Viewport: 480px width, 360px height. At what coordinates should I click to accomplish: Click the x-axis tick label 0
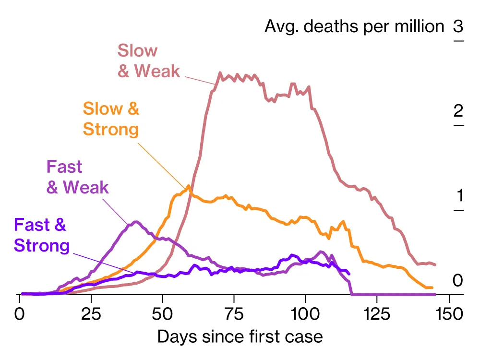click(x=20, y=314)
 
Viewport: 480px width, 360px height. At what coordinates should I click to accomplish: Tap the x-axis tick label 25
click(x=91, y=314)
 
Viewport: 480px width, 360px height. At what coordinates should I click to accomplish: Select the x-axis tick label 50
click(x=163, y=314)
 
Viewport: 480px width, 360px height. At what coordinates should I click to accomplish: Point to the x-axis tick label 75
click(x=234, y=314)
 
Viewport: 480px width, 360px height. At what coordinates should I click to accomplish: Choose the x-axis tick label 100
click(x=305, y=314)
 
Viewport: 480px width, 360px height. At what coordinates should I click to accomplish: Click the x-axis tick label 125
click(x=377, y=314)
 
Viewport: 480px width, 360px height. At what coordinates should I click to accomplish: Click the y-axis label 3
click(x=458, y=26)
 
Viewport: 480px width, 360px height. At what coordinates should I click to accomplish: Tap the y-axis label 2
click(x=458, y=111)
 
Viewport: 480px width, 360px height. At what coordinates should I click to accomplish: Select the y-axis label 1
click(x=458, y=196)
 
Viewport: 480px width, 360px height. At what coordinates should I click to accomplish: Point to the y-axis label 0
click(x=458, y=280)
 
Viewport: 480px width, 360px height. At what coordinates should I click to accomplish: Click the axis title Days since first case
click(x=240, y=337)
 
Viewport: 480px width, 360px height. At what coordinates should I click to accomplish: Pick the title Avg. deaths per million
click(x=354, y=26)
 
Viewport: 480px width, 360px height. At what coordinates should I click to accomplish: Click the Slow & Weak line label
click(x=148, y=61)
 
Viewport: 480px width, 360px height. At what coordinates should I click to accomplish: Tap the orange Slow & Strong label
click(x=111, y=119)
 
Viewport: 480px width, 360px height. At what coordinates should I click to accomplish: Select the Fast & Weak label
click(x=77, y=177)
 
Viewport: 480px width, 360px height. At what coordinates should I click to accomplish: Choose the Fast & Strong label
click(x=42, y=235)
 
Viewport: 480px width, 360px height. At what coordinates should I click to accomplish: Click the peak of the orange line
click(x=189, y=186)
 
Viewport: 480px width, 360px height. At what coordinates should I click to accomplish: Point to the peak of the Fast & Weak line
click(x=136, y=221)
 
